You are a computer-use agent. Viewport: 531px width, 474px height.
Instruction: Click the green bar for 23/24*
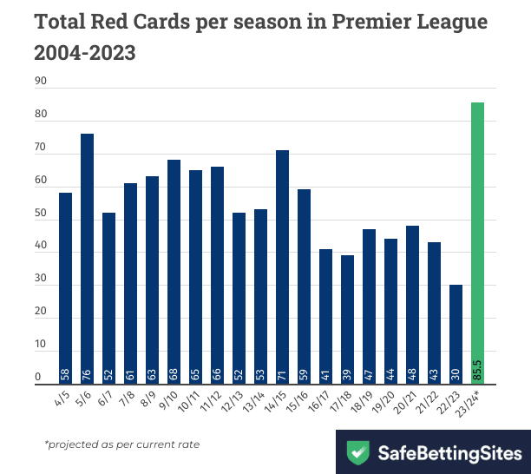click(x=477, y=243)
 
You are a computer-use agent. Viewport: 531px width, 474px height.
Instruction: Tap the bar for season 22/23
click(x=456, y=334)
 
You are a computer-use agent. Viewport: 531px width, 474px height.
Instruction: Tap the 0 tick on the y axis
click(x=38, y=378)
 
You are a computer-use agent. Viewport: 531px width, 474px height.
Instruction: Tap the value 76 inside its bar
click(x=87, y=374)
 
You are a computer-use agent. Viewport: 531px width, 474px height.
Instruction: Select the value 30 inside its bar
click(x=456, y=374)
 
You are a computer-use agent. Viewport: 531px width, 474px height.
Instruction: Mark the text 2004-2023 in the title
click(x=85, y=53)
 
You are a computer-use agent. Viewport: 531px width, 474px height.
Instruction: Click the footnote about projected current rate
click(x=121, y=444)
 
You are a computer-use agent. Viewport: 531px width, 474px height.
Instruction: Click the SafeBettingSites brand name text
click(x=450, y=452)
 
